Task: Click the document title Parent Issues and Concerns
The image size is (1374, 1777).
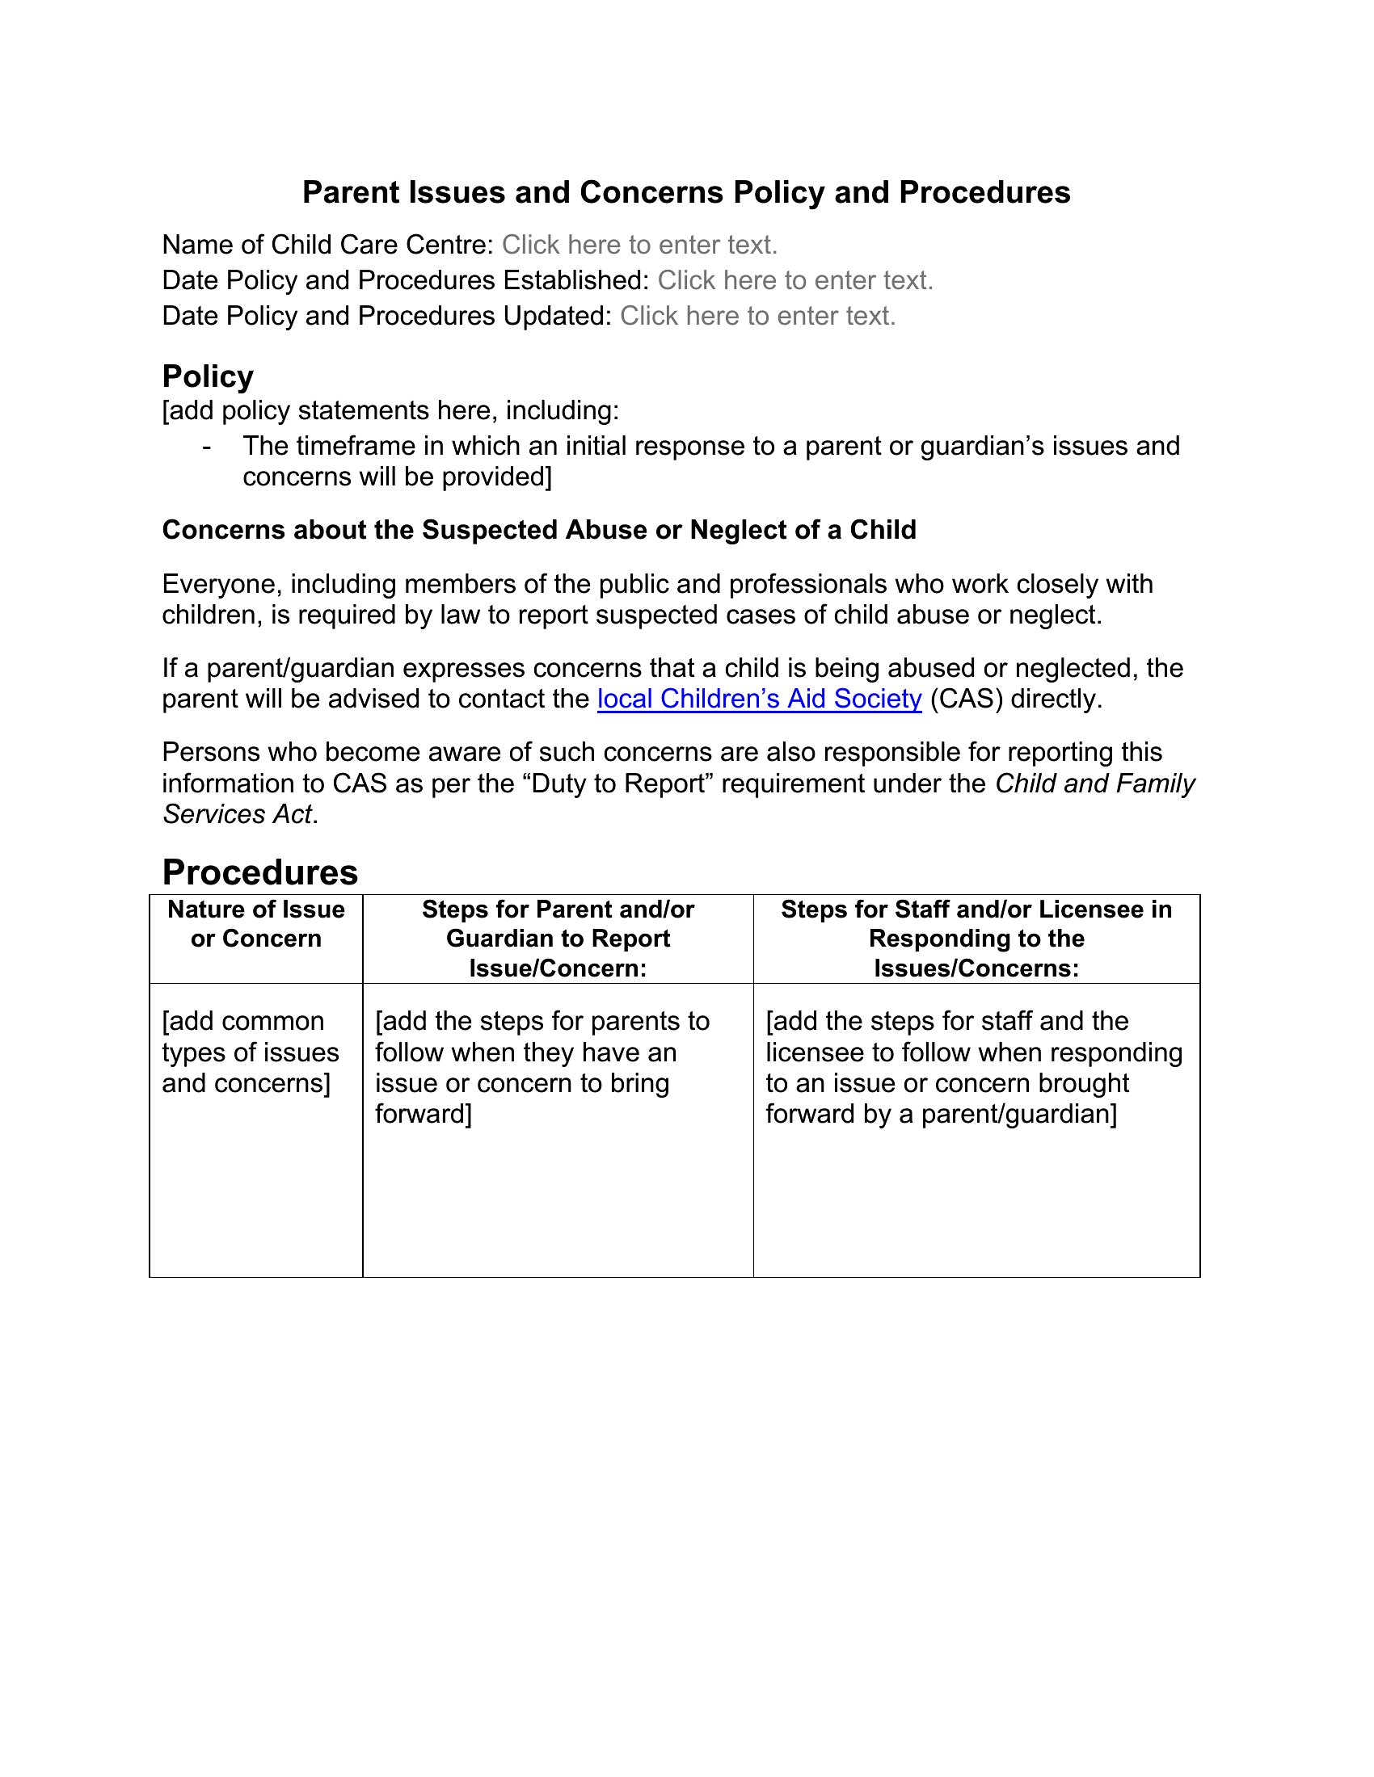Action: click(x=685, y=193)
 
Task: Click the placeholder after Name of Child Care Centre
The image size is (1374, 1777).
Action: click(x=639, y=245)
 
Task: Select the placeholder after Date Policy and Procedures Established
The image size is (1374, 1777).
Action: click(x=794, y=281)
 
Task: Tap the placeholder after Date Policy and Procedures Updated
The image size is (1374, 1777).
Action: click(x=757, y=316)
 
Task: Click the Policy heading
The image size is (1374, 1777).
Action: click(x=208, y=376)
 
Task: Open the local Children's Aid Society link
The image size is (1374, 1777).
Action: click(x=759, y=699)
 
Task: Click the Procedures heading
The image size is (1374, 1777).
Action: click(x=259, y=872)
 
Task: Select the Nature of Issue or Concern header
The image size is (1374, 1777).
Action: click(x=255, y=924)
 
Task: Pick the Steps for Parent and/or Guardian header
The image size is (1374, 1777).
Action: click(x=558, y=938)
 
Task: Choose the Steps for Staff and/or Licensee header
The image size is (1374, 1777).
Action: click(x=976, y=938)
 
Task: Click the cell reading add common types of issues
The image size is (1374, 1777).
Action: click(x=250, y=1052)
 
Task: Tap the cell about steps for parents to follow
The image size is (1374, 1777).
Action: click(x=542, y=1067)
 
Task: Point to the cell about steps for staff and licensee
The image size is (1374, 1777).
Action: click(x=974, y=1067)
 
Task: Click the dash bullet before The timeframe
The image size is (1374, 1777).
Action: click(x=208, y=447)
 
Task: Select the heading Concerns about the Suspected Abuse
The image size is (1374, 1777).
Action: click(x=539, y=530)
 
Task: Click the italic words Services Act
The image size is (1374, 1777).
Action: click(x=237, y=814)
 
